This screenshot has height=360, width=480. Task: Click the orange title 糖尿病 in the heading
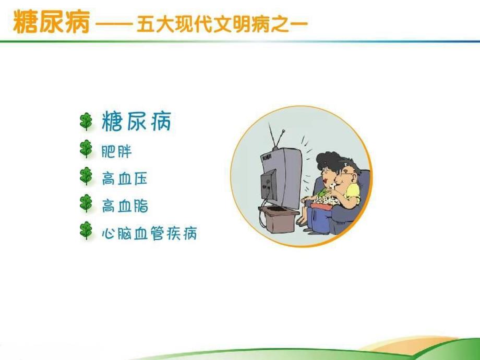(x=51, y=22)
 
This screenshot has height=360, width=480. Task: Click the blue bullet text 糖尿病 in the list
(x=136, y=123)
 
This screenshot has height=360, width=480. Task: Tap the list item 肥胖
(x=117, y=152)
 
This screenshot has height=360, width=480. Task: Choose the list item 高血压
(x=125, y=179)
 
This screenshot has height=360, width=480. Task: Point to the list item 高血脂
(x=125, y=206)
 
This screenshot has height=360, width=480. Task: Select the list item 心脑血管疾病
(x=149, y=233)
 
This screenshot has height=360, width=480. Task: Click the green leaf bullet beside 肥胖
(x=86, y=150)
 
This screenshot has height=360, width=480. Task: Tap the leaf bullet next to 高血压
(x=86, y=177)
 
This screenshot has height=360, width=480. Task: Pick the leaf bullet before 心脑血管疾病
(x=86, y=231)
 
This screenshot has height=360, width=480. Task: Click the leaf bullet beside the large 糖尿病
(x=86, y=122)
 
